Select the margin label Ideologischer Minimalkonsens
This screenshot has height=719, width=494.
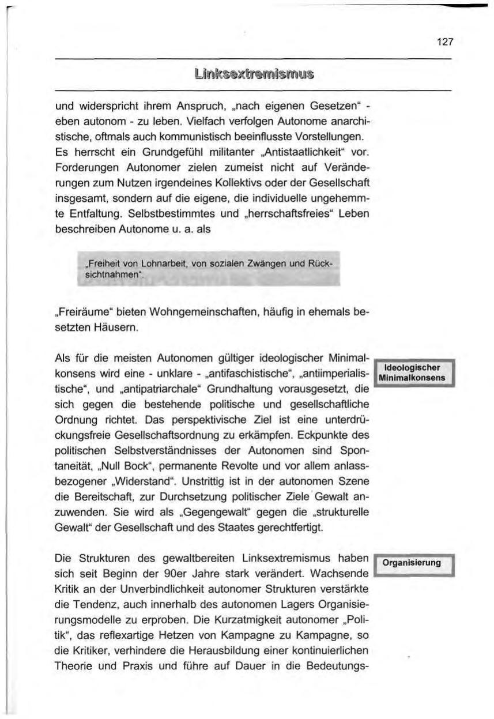click(415, 373)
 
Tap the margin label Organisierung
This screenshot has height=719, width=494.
click(415, 562)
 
